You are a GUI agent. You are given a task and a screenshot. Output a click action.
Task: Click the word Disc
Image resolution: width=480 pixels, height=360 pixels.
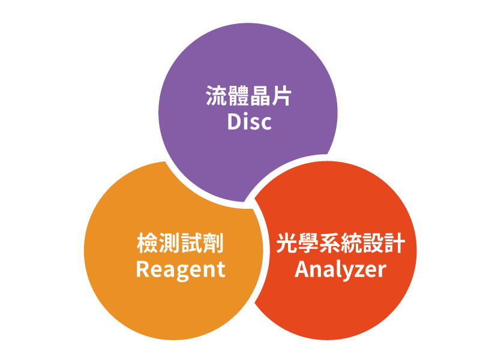pyautogui.click(x=249, y=122)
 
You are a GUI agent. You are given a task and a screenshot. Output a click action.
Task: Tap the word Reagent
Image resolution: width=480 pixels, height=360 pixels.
pyautogui.click(x=181, y=269)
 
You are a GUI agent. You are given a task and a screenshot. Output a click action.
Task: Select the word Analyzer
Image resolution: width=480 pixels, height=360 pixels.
pyautogui.click(x=340, y=269)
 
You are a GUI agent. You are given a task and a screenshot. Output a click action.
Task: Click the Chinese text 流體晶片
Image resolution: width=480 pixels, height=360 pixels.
pyautogui.click(x=249, y=96)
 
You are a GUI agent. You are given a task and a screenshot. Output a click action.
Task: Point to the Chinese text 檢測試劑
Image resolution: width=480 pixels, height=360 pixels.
pyautogui.click(x=181, y=244)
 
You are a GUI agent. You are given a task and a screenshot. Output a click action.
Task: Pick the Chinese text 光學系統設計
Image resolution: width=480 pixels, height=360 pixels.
pyautogui.click(x=340, y=244)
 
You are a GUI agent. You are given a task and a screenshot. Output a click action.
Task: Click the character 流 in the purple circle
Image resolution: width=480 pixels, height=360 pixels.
pyautogui.click(x=217, y=96)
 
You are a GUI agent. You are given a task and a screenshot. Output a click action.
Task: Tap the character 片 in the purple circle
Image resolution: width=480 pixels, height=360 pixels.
pyautogui.click(x=281, y=96)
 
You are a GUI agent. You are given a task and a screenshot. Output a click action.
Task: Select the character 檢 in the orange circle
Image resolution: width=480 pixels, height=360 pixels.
pyautogui.click(x=148, y=244)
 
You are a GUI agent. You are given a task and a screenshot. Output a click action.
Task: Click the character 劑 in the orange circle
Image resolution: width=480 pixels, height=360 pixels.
pyautogui.click(x=213, y=244)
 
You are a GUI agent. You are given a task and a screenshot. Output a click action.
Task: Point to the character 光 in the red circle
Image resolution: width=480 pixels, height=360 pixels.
pyautogui.click(x=286, y=244)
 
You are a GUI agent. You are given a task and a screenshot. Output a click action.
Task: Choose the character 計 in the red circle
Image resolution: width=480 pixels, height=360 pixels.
pyautogui.click(x=395, y=244)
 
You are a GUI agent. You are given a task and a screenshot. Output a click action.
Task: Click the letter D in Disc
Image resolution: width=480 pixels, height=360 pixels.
pyautogui.click(x=234, y=122)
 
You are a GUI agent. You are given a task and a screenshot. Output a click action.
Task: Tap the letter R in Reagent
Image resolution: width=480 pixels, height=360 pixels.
pyautogui.click(x=142, y=269)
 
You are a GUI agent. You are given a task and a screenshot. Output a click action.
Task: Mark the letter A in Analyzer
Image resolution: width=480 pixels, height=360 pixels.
pyautogui.click(x=301, y=269)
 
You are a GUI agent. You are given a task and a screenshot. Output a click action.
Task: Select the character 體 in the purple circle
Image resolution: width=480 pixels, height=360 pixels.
pyautogui.click(x=238, y=96)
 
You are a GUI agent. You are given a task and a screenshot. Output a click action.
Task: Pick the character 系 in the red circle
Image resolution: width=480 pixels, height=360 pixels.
pyautogui.click(x=329, y=244)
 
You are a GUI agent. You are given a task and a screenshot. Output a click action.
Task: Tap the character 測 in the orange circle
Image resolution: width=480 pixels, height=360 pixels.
pyautogui.click(x=170, y=244)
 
